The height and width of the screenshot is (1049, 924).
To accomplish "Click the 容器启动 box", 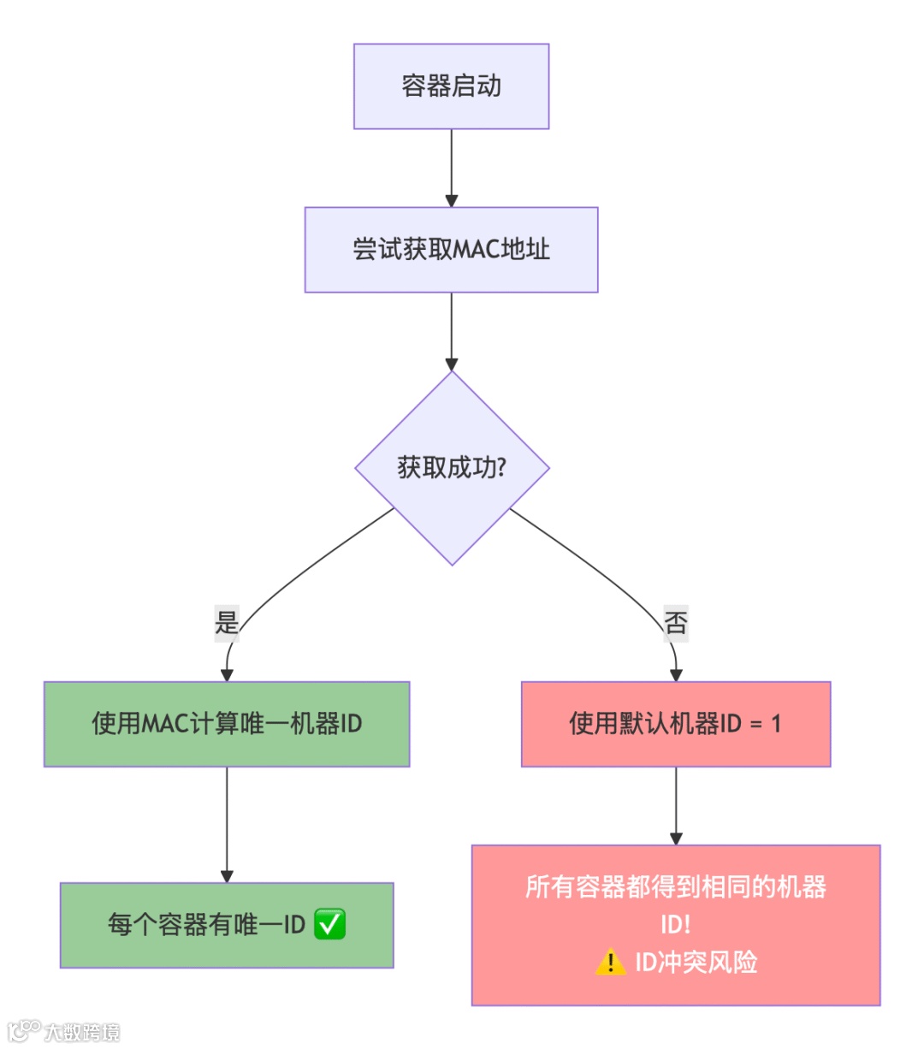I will point(451,86).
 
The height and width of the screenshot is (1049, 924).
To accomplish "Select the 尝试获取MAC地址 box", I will point(451,250).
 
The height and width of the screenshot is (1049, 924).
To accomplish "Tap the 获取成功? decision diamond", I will point(452,468).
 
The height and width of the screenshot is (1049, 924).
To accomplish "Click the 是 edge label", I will point(227,622).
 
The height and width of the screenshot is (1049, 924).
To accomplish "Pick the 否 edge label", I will point(676,622).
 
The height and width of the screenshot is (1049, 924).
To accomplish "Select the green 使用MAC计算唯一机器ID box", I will point(227,724).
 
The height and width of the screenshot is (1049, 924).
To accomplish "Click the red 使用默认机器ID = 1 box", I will point(675,724).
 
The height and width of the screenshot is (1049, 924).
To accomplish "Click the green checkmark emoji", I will point(329,925).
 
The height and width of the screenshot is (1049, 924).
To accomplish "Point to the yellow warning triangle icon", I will point(610,963).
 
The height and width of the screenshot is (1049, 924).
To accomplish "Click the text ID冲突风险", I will point(696,963).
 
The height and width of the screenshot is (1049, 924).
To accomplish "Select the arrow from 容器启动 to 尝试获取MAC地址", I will point(452,168).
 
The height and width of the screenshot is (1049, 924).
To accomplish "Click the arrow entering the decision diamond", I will point(452,332).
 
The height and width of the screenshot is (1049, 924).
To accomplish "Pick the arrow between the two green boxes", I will point(227,824).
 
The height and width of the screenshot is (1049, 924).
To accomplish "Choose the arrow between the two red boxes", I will point(676,805).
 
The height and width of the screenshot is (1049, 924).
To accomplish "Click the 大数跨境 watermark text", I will point(82,1032).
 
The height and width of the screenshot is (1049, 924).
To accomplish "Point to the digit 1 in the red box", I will point(776,724).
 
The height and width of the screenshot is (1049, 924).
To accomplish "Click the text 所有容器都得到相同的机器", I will point(675,887).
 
